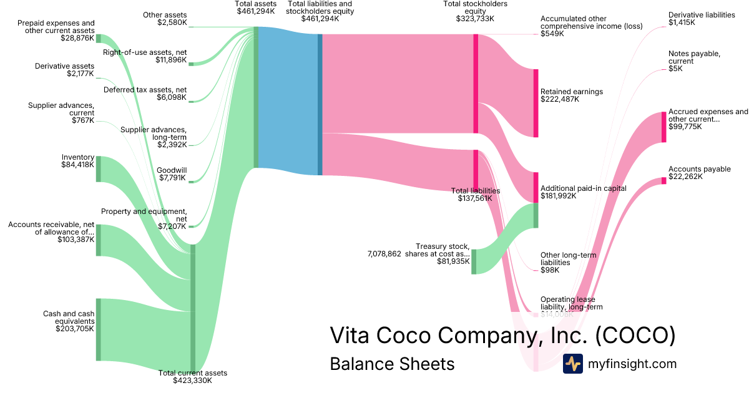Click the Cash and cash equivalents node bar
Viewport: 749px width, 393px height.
(98, 329)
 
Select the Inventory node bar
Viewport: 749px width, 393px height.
(98, 169)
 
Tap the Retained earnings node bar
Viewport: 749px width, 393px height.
(536, 103)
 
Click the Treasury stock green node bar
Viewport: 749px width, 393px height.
(474, 261)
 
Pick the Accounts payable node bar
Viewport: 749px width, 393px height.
(663, 181)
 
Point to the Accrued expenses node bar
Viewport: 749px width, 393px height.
(663, 127)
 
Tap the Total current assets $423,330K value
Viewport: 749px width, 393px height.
(192, 381)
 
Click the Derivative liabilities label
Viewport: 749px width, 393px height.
(702, 15)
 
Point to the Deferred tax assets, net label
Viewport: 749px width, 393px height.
(145, 89)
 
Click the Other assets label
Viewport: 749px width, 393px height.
(165, 15)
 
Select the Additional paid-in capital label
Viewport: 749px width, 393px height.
(583, 188)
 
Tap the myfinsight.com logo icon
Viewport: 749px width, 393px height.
(572, 364)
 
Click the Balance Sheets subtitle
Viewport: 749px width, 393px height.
(392, 363)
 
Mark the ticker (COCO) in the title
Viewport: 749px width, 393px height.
(635, 336)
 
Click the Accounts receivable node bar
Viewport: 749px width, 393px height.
(98, 240)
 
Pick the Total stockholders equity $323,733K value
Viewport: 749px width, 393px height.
(475, 19)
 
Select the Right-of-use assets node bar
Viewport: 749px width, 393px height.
(191, 64)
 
